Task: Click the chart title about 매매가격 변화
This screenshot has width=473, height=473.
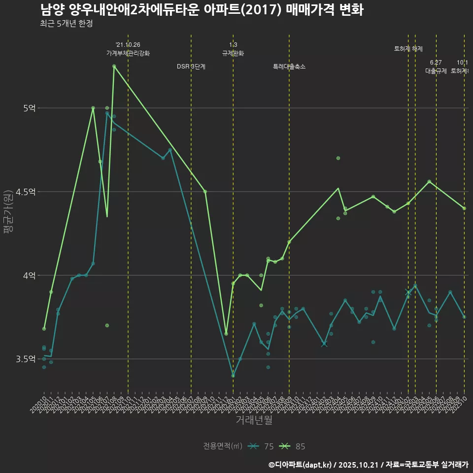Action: coord(202,10)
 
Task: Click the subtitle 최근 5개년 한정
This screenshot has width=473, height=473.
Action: coord(66,24)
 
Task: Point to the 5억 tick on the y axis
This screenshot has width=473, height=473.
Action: coord(29,108)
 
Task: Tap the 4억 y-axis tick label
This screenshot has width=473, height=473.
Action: coord(29,275)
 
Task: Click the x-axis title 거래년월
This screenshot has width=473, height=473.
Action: coord(254,420)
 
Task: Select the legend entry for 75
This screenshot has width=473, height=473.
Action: coord(261,446)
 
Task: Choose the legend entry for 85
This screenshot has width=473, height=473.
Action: coord(293,446)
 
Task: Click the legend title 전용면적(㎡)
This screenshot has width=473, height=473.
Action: coord(223,446)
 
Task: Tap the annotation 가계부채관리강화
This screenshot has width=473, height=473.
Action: coord(128,53)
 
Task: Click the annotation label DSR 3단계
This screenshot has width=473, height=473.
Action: coord(191,67)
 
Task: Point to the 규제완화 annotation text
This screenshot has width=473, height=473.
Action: coord(233,53)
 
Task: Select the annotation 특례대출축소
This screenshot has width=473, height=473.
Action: coord(289,67)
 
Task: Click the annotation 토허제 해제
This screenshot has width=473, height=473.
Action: coord(408,49)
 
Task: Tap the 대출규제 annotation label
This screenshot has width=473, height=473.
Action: coord(436,70)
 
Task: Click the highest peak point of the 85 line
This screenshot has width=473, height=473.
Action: coord(114,66)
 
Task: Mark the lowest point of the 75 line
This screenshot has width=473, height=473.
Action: coord(233,375)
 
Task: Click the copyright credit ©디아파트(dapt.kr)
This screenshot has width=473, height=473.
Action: coord(301,465)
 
